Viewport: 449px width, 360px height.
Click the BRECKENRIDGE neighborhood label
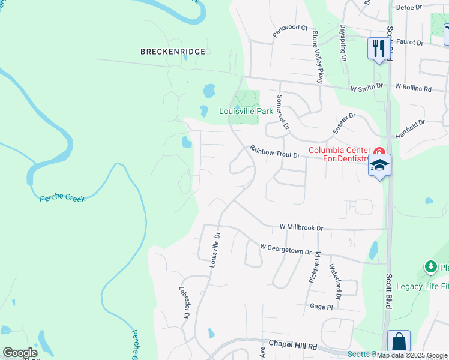pyautogui.click(x=173, y=52)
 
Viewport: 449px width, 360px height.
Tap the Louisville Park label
pyautogui.click(x=246, y=111)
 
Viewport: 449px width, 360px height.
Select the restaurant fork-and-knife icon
pyautogui.click(x=378, y=48)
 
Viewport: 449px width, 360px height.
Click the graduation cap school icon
pyautogui.click(x=380, y=164)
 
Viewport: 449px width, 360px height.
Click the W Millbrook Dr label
pyautogui.click(x=301, y=228)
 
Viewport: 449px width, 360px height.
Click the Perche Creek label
pyautogui.click(x=62, y=197)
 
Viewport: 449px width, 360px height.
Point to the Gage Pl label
pyautogui.click(x=321, y=307)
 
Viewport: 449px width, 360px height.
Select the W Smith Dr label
pyautogui.click(x=367, y=87)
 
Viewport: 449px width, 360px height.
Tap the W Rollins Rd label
pyautogui.click(x=413, y=88)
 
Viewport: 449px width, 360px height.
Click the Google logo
pyautogui.click(x=20, y=353)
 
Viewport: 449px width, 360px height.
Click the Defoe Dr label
pyautogui.click(x=410, y=7)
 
